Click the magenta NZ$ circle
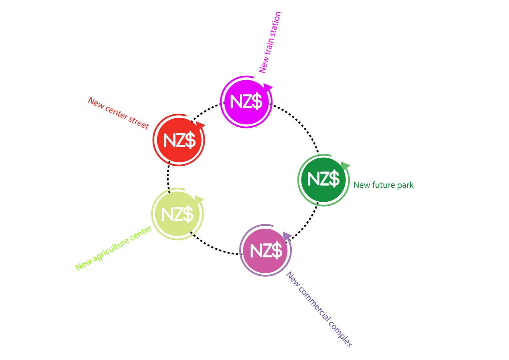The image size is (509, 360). click(246, 102)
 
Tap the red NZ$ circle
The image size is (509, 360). click(179, 140)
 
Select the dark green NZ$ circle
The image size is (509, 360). click(323, 180)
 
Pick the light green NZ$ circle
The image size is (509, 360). click(178, 214)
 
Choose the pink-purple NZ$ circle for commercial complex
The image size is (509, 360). click(265, 250)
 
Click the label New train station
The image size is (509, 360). click(270, 42)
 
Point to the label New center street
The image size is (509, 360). click(118, 113)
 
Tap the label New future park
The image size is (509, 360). click(383, 185)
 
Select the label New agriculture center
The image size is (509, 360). click(113, 248)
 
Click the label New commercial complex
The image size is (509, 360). click(319, 310)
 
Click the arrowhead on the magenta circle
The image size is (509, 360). click(268, 88)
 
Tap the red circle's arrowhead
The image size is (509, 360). click(201, 126)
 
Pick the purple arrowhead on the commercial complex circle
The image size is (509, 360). click(287, 236)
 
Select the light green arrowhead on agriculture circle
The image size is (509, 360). click(199, 199)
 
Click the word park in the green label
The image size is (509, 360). click(405, 185)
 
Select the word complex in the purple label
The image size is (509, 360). click(340, 334)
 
